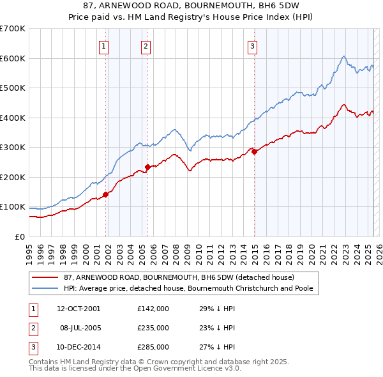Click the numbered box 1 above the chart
coord(103,45)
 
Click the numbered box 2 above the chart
coord(146,45)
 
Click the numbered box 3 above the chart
coord(253,45)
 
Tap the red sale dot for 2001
coord(105,195)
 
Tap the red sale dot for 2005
coord(147,167)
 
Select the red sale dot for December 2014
coord(254,152)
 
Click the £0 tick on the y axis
coord(19,236)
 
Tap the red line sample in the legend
coord(45,278)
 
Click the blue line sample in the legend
coord(45,289)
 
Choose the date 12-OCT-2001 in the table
coord(79,309)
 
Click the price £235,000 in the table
coord(153,328)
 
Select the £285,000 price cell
coord(153,347)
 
